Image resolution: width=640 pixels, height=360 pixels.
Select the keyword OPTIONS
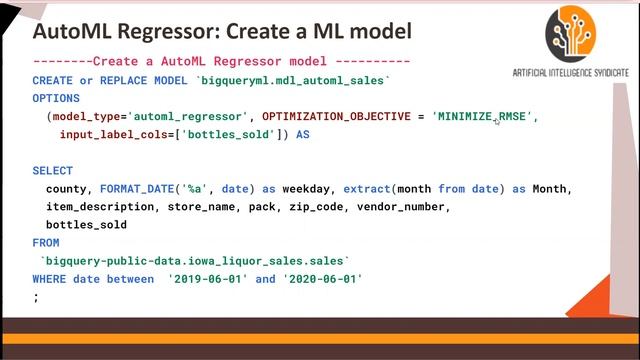pos(56,99)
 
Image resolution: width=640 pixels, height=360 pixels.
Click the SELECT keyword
pos(53,171)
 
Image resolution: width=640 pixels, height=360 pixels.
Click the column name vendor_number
pos(403,207)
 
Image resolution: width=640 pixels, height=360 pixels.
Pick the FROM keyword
pos(46,243)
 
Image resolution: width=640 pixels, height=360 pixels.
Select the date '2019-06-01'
pos(208,279)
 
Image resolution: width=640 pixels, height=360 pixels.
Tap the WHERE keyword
pos(49,279)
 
